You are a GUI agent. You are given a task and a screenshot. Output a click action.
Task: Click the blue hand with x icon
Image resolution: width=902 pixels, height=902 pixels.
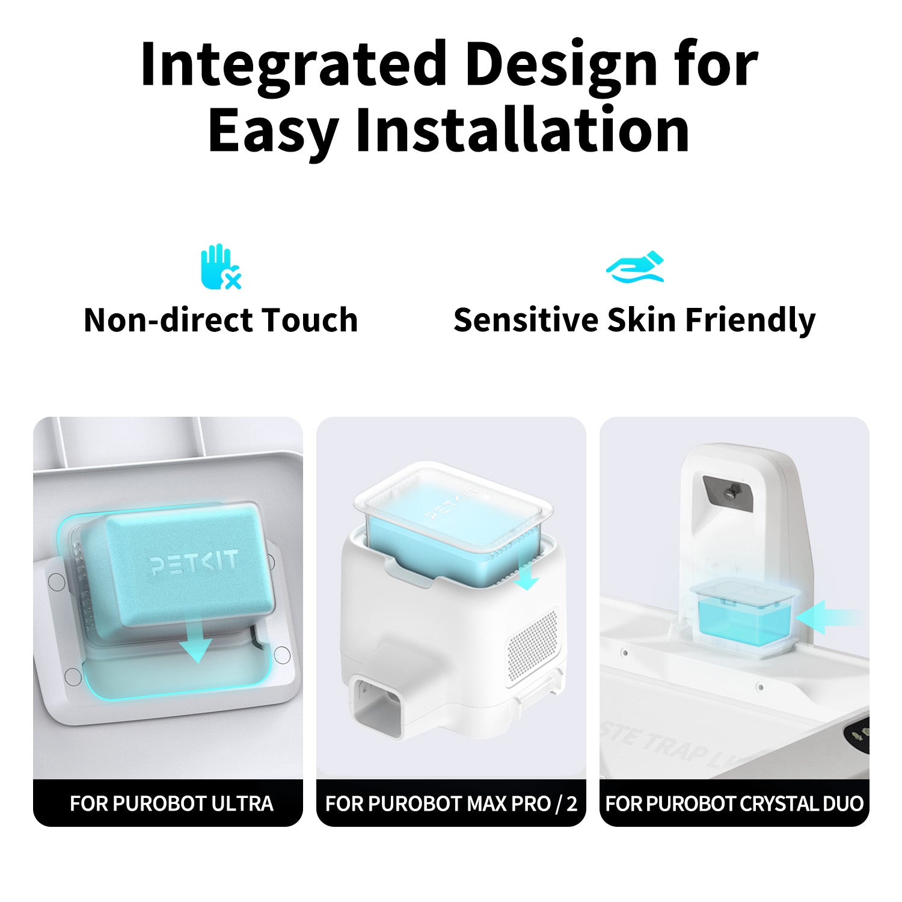point(220,266)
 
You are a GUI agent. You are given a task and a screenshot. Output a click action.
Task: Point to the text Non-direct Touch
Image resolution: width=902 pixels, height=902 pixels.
point(221,319)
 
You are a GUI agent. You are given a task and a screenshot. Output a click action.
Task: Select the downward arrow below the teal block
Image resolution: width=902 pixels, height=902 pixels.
point(196,646)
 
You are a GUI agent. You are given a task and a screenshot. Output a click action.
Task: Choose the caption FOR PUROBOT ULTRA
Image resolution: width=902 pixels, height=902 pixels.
point(171,803)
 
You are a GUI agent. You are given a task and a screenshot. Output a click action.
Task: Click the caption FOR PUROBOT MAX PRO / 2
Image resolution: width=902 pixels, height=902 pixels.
point(451,803)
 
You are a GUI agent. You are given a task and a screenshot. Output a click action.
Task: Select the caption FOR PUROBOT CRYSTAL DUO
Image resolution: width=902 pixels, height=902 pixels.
point(734,803)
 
